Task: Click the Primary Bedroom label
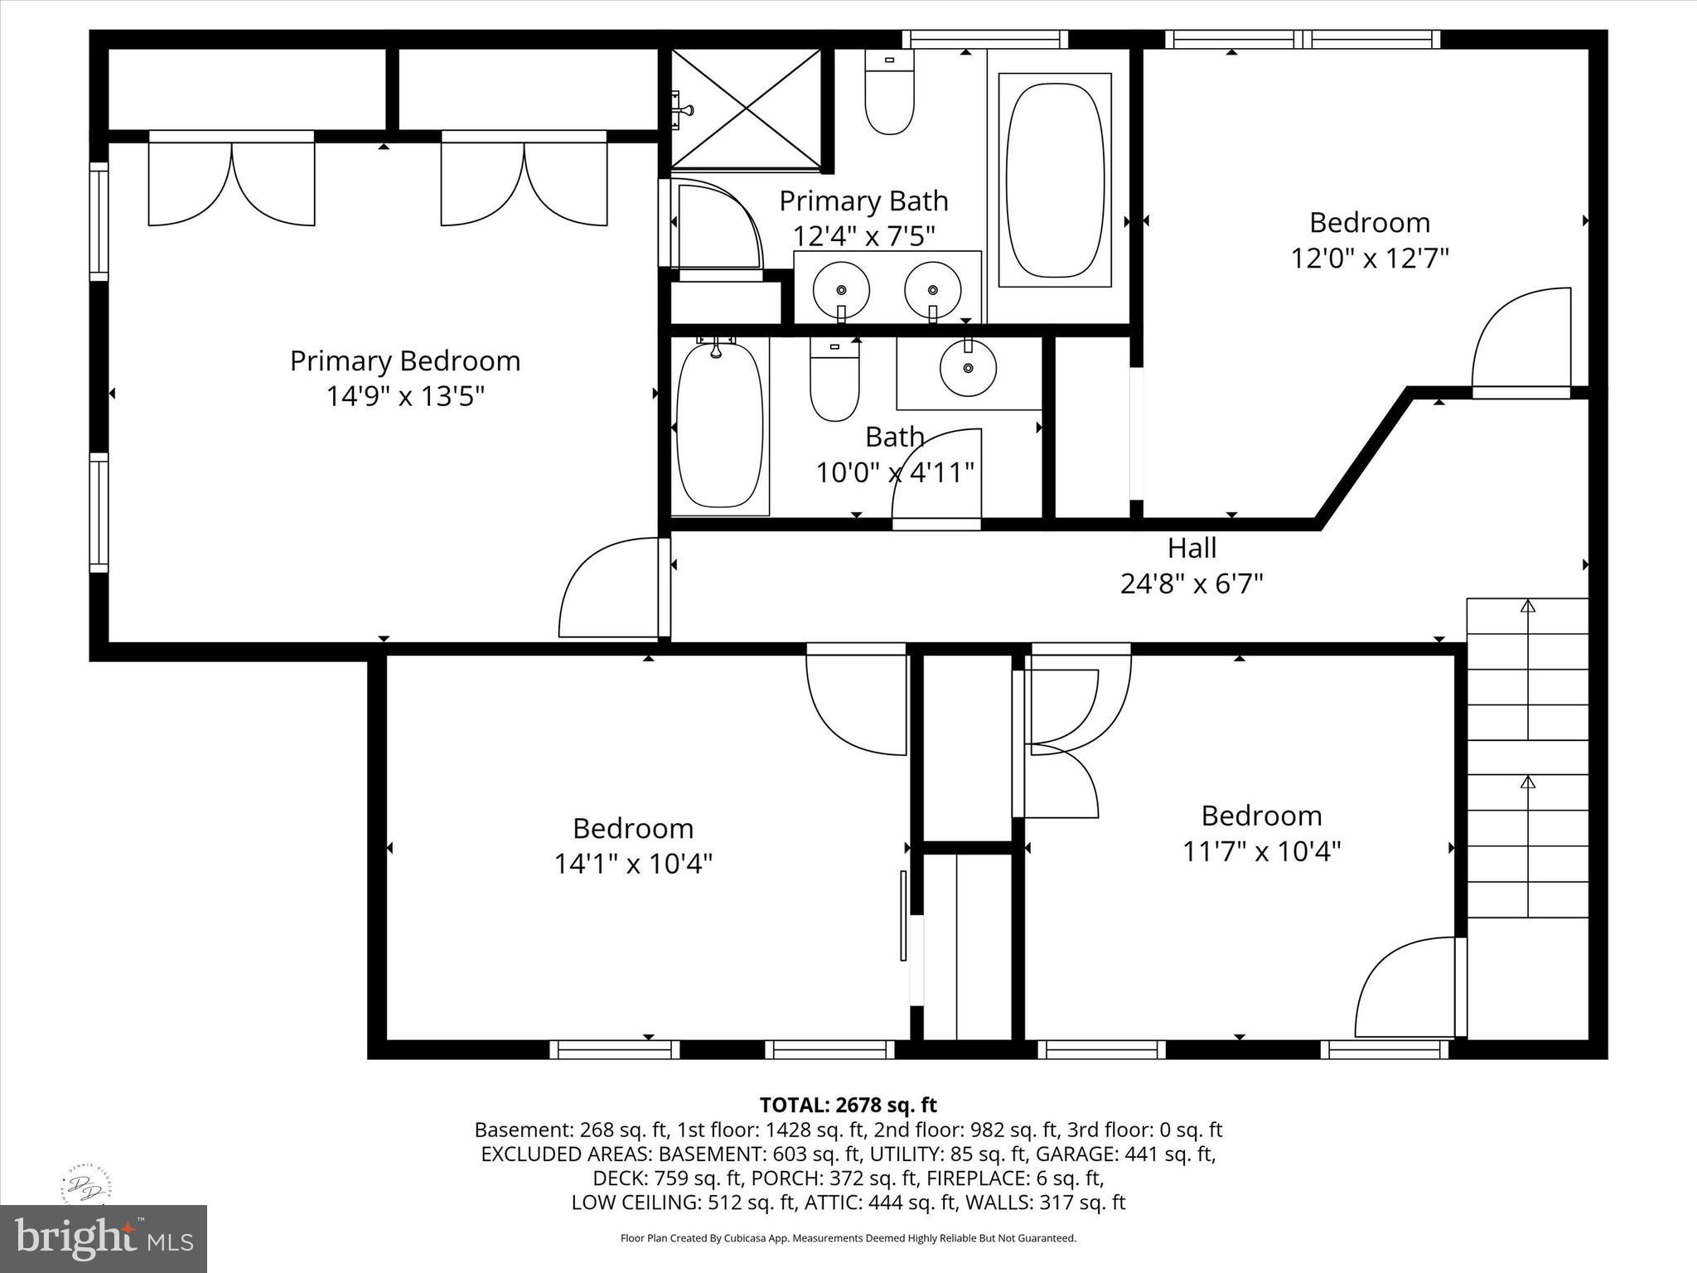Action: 405,361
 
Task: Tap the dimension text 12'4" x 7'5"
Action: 864,236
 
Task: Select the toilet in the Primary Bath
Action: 889,92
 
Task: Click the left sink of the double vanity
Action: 841,290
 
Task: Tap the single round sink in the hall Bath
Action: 968,367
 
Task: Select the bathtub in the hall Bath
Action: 719,425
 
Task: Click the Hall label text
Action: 1192,548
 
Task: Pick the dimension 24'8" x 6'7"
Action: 1192,584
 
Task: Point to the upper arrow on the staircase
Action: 1528,668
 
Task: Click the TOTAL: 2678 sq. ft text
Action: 848,1105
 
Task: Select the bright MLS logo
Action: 104,1238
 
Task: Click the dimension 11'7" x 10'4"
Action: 1262,851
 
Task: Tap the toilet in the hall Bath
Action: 834,380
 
